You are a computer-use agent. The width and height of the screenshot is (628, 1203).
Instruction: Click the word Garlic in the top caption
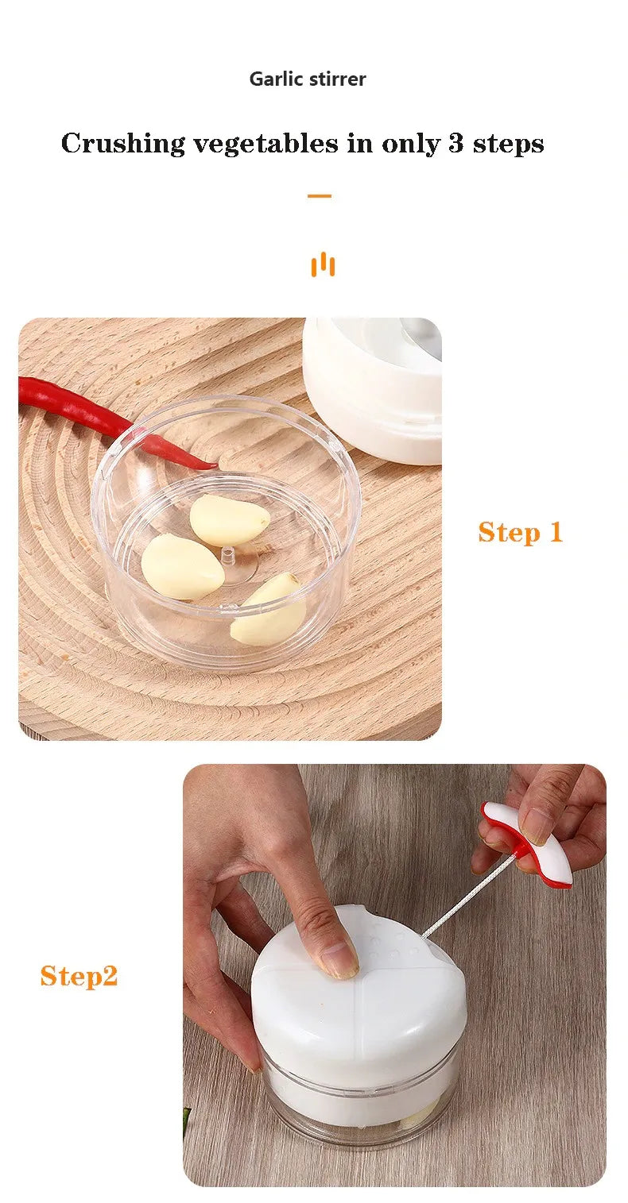[x=276, y=79]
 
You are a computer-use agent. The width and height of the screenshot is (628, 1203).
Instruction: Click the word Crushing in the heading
[x=123, y=145]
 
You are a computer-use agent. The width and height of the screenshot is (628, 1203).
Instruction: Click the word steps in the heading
[x=508, y=145]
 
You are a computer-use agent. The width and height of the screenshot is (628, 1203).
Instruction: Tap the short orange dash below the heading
[x=319, y=195]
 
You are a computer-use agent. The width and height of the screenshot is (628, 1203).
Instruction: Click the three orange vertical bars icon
[x=323, y=264]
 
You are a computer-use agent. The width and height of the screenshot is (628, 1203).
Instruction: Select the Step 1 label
[x=520, y=533]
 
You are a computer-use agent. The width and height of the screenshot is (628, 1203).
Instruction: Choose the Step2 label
[x=79, y=976]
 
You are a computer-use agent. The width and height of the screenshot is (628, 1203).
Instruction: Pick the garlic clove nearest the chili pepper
[x=229, y=520]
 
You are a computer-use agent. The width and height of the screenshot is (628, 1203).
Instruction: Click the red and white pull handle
[x=531, y=844]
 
